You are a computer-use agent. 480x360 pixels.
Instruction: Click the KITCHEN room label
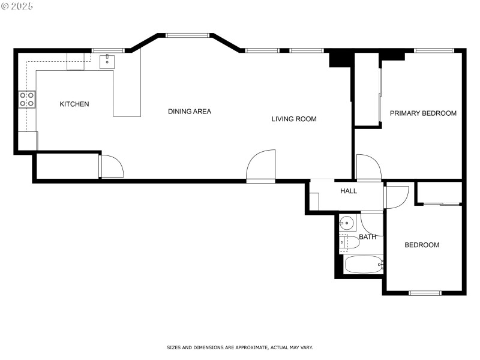(74, 104)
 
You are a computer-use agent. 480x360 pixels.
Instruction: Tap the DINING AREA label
(190, 112)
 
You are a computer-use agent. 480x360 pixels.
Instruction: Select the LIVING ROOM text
(294, 119)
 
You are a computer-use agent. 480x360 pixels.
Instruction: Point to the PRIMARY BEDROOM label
(423, 113)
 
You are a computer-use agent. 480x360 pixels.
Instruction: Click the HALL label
(349, 191)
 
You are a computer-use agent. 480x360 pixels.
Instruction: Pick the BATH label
(368, 237)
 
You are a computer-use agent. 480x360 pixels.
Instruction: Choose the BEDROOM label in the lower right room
(422, 245)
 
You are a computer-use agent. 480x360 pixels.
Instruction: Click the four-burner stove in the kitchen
(27, 100)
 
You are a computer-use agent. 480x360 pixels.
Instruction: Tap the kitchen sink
(107, 61)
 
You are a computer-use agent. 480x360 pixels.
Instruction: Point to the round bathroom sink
(347, 224)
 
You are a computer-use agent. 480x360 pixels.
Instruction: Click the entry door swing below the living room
(261, 166)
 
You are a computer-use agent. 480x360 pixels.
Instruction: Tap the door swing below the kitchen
(111, 166)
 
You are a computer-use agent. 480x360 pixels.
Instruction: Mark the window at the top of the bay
(187, 35)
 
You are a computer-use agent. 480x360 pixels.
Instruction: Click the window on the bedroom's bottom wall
(425, 293)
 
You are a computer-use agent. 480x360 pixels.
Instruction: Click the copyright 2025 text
(17, 6)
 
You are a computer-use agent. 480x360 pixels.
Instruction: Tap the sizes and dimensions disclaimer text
(239, 347)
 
